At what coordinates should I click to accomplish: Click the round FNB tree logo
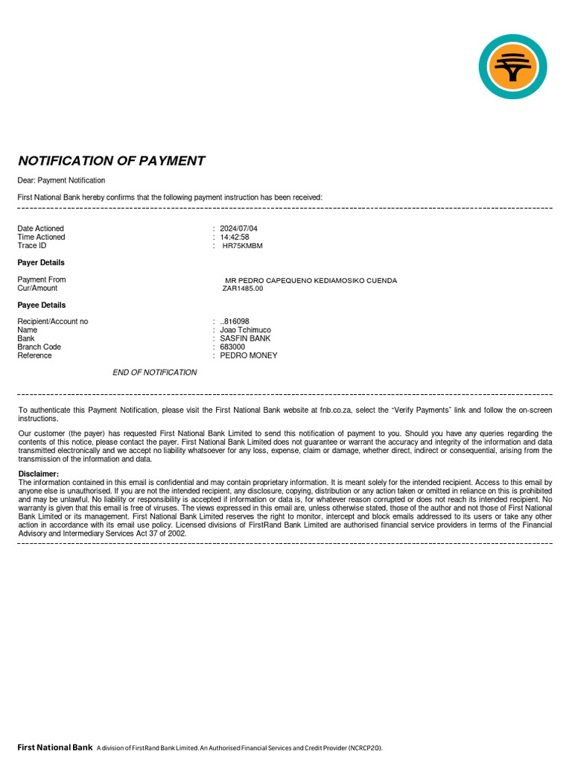pos(512,66)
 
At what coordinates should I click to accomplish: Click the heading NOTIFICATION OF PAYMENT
pos(111,161)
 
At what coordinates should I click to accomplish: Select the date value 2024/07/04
pos(238,228)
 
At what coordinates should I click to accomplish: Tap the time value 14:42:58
pos(235,237)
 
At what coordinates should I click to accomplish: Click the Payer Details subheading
pos(41,262)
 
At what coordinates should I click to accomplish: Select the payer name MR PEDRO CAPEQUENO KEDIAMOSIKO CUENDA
pos(311,281)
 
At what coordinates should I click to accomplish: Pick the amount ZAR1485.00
pos(243,288)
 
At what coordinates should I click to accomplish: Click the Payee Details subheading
pos(42,305)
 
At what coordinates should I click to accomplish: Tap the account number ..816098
pos(235,321)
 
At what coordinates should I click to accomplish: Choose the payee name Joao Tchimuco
pos(245,330)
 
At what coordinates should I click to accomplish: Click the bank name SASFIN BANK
pos(245,338)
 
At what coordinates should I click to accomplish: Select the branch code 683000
pos(232,347)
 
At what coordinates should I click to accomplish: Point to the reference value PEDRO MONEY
pos(248,355)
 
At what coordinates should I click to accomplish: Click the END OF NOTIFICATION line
pos(155,373)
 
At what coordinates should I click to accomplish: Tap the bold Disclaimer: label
pos(38,474)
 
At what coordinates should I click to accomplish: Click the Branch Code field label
pos(39,347)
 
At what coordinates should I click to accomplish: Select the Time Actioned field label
pos(41,237)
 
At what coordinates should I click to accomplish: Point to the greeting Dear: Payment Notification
pos(61,180)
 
